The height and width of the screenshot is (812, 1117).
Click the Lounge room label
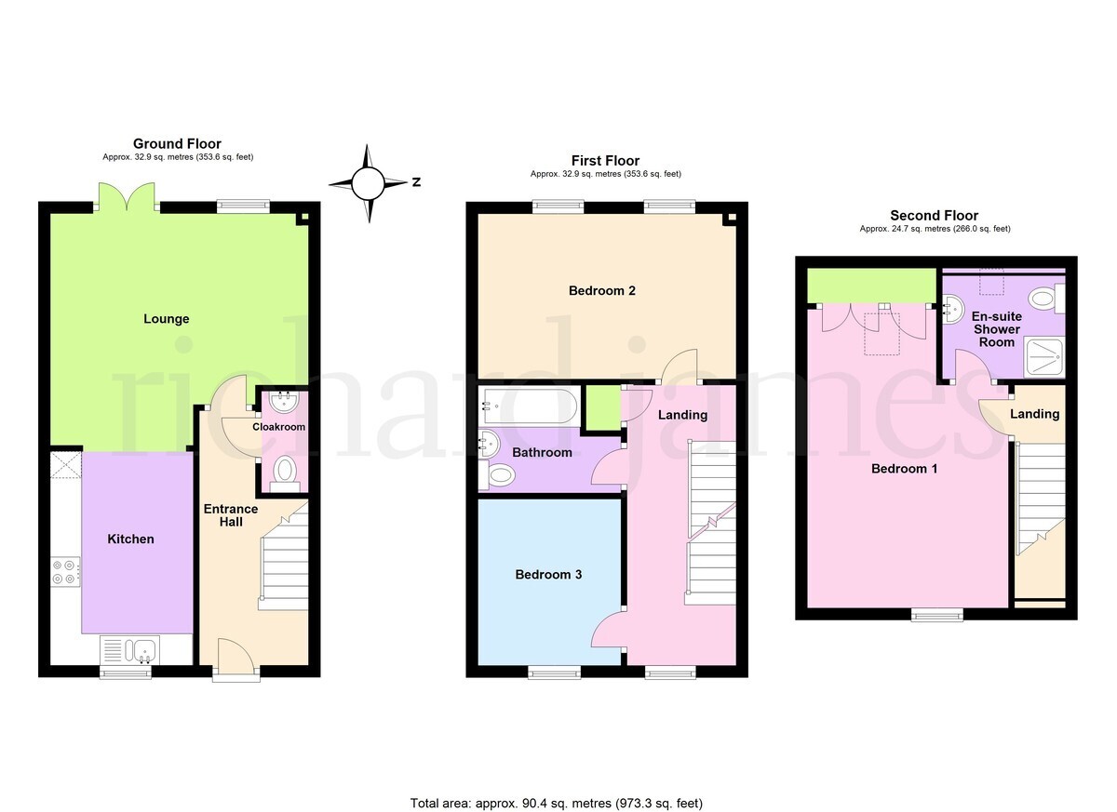pos(166,319)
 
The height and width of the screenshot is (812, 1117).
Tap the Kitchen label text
pos(130,539)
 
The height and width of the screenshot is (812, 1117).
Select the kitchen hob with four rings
pos(65,572)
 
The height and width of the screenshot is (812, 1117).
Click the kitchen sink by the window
pos(129,650)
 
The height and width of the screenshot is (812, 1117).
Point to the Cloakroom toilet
pos(285,474)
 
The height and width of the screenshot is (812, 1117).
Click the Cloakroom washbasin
pos(284,402)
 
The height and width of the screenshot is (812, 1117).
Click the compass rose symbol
pos(368,183)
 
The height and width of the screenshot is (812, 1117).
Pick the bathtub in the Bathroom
pos(529,406)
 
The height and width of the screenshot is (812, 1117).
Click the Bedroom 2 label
pos(602,291)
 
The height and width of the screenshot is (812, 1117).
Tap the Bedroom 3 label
pos(548,575)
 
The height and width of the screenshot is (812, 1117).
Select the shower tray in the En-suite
pos(1044,357)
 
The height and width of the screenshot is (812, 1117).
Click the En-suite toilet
pos(1046,299)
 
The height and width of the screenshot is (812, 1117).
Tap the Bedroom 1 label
pos(904,469)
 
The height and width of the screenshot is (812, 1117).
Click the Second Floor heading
pos(934,216)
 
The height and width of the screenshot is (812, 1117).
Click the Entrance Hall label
pos(231,515)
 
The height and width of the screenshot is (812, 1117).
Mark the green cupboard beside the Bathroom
pos(602,406)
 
